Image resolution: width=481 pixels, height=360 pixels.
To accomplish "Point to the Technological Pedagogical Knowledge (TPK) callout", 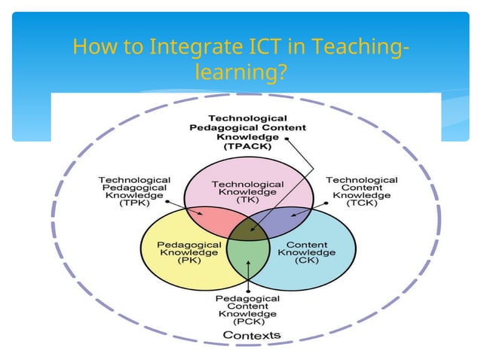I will point(134,191).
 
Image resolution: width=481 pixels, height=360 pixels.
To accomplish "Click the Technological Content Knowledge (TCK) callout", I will point(361,191).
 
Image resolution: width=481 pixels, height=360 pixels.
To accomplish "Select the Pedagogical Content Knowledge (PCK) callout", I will point(248,309).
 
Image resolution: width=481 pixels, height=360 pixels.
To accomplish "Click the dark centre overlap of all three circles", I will point(248,227).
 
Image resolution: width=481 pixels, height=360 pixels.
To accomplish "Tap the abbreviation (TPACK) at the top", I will point(247,147).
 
